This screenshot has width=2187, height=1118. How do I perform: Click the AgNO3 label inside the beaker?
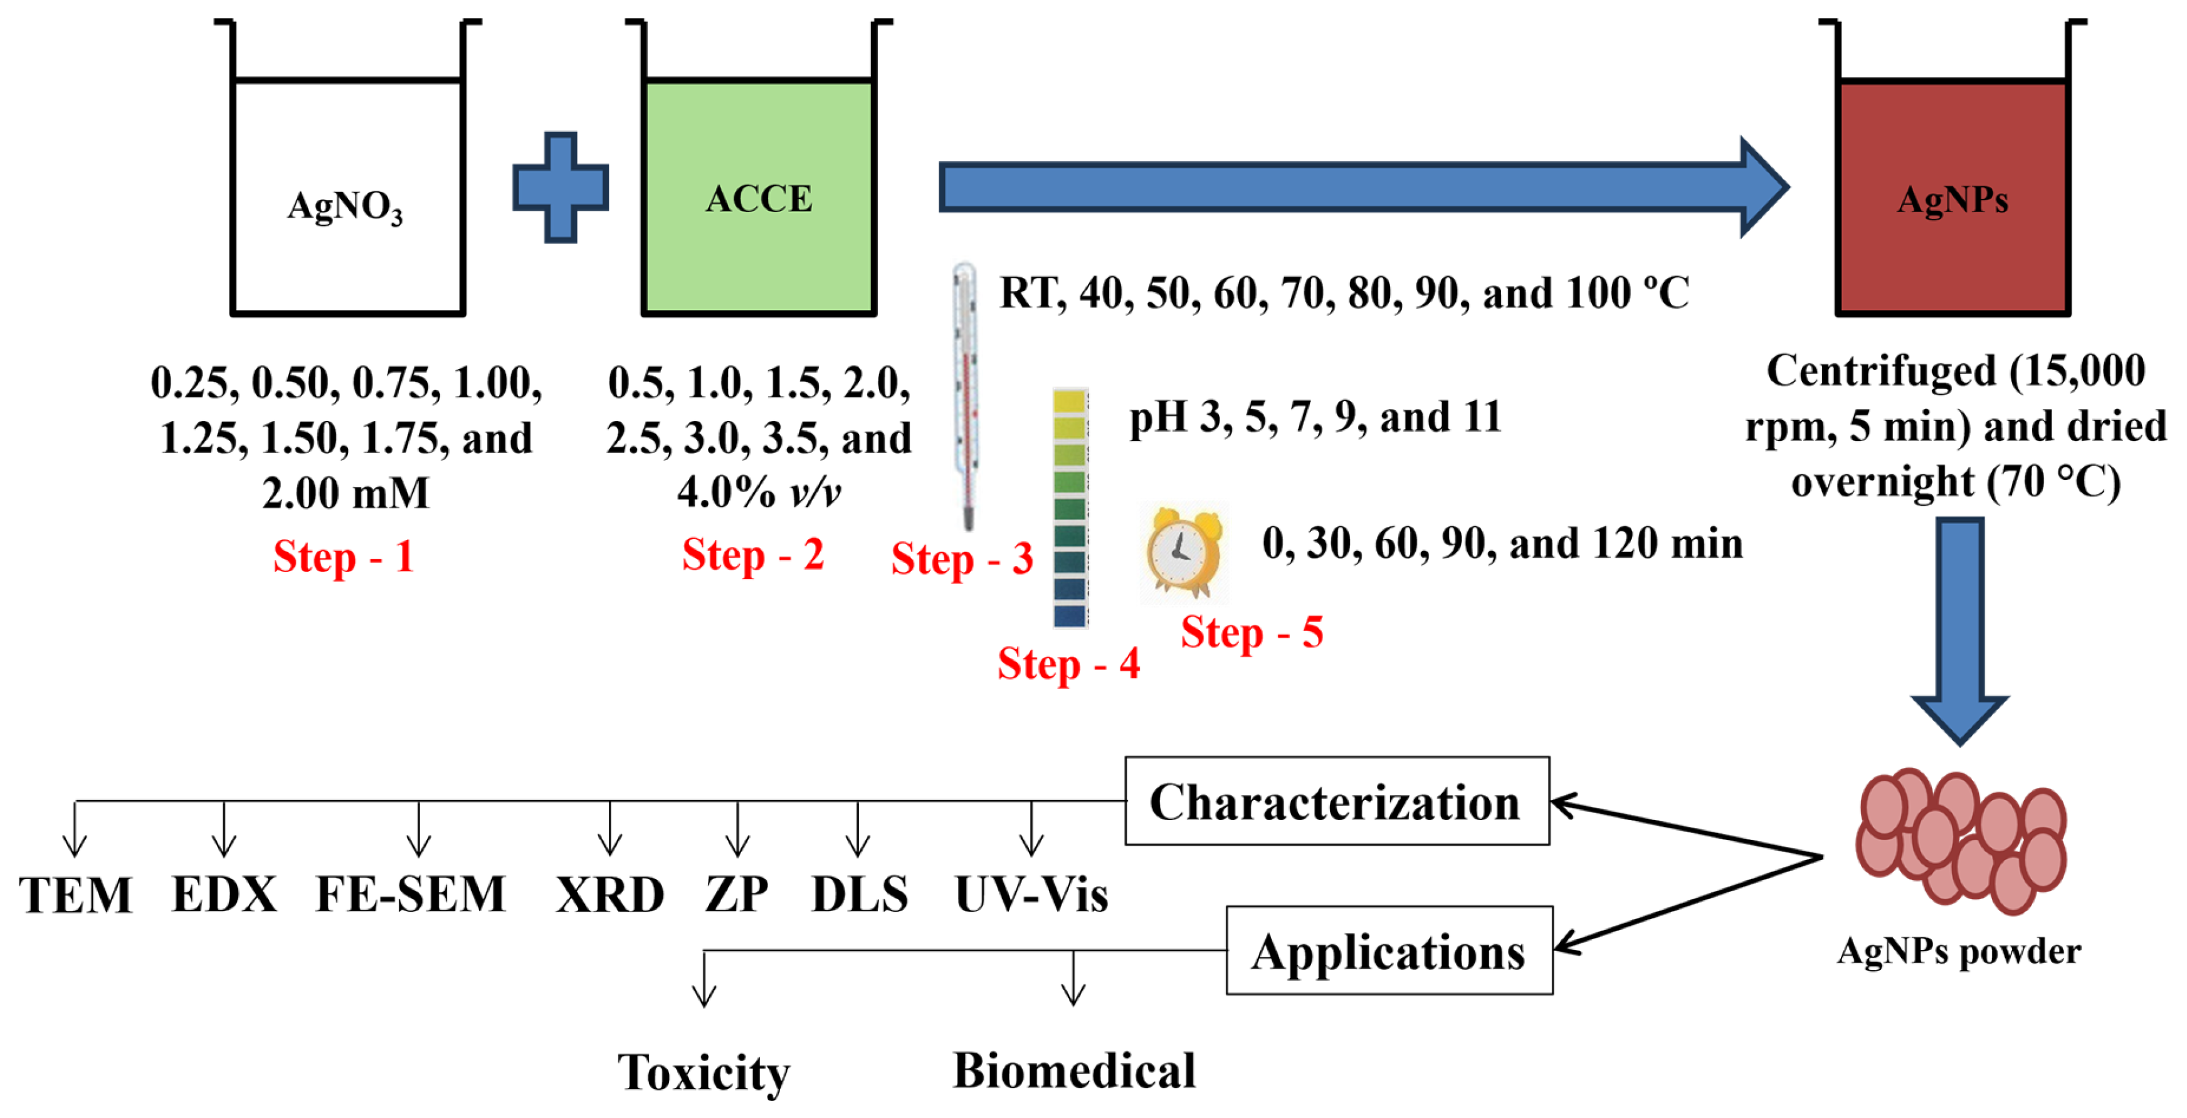[x=345, y=206]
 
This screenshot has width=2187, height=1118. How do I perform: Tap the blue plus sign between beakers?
[x=561, y=187]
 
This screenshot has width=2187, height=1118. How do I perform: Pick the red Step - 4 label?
[x=1068, y=664]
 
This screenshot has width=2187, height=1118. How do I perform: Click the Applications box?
[x=1389, y=950]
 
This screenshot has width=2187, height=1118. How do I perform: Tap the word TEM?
[x=76, y=895]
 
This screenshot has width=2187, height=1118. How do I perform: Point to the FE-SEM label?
[x=411, y=895]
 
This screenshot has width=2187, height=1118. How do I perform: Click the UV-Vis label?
[x=1031, y=895]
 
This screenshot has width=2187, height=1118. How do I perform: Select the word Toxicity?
[x=703, y=1073]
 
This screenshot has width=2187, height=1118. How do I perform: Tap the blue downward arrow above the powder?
[x=1959, y=629]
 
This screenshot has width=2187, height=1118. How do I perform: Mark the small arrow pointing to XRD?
[x=609, y=830]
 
